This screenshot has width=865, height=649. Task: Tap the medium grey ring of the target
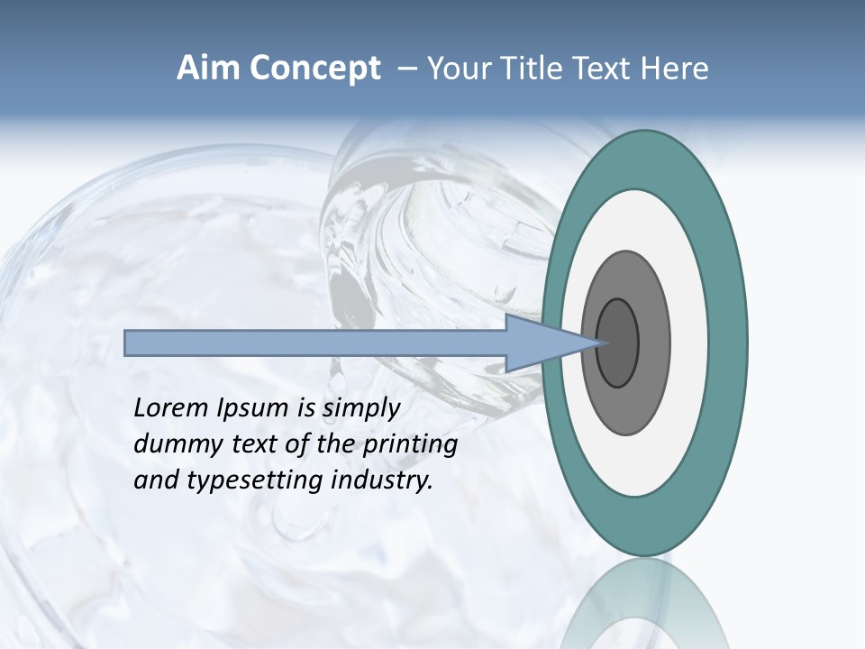point(654,343)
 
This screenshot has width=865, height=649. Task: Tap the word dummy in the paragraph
point(172,444)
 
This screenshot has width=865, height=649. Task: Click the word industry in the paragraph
point(383,480)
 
